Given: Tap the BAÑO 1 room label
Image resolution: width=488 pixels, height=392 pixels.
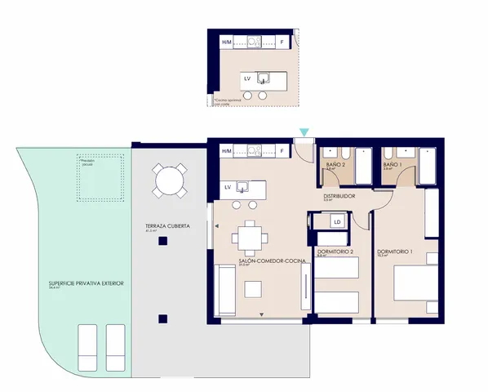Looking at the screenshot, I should tap(393, 166).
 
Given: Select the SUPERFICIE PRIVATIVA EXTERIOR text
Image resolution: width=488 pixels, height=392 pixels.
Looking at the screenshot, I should tap(87, 283).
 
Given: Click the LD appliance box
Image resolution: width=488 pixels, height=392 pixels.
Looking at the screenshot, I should tap(337, 221).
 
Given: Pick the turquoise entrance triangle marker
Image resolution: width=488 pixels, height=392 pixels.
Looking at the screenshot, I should tap(304, 132).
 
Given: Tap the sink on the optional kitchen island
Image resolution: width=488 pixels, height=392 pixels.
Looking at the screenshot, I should tap(264, 78).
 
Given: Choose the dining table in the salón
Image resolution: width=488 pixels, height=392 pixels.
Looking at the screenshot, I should tap(248, 238).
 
